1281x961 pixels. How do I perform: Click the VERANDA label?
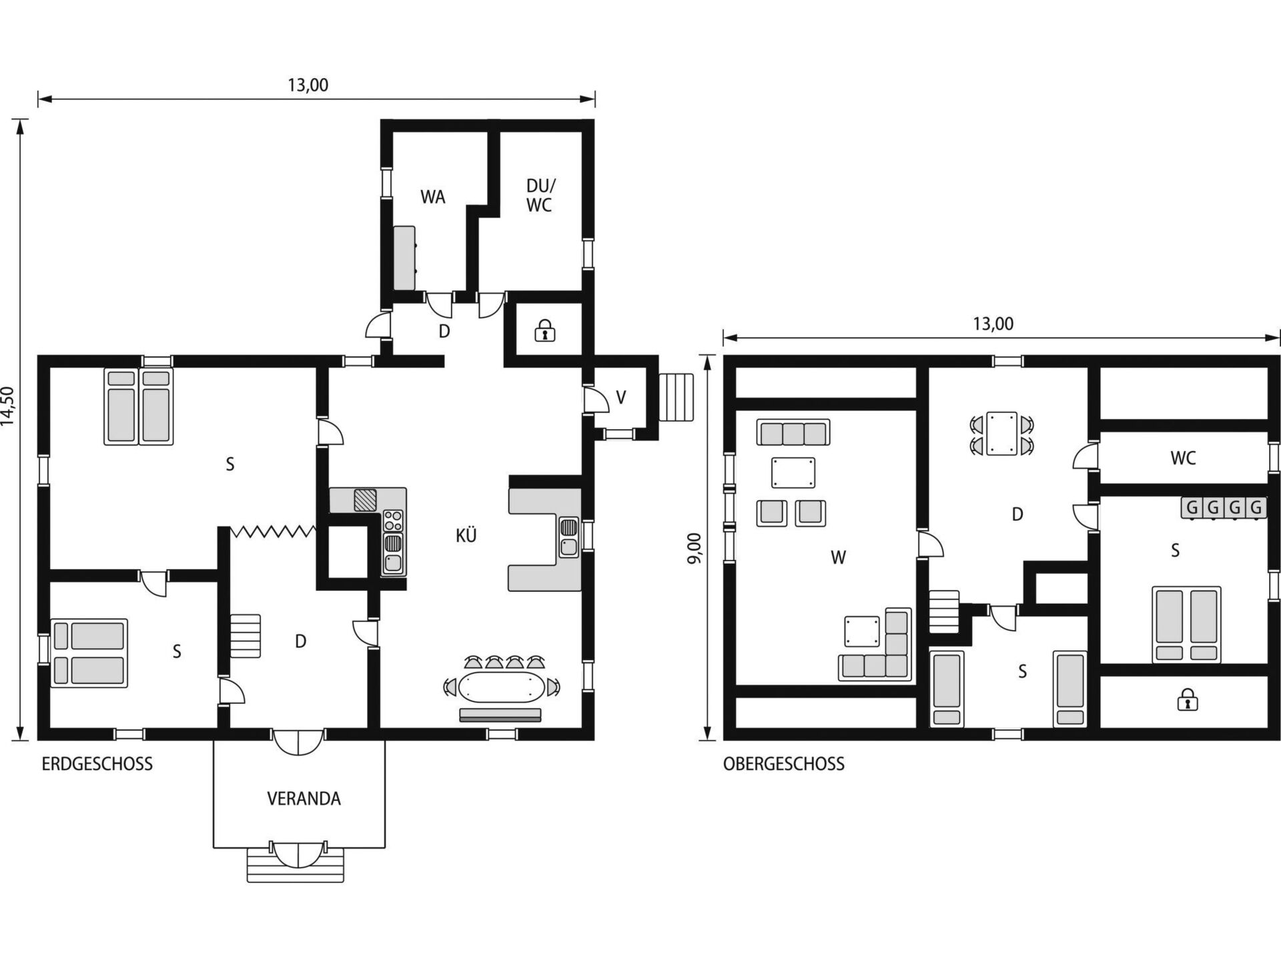304,799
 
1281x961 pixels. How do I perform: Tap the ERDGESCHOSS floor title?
97,764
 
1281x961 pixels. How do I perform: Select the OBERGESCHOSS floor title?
784,764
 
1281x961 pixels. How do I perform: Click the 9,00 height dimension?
695,548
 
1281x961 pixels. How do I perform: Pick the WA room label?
432,197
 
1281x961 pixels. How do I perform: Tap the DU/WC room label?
540,196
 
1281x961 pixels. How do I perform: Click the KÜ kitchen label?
466,535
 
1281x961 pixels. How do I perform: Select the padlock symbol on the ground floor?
545,330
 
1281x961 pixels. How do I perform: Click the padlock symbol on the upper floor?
1186,700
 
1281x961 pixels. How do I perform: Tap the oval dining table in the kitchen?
501,687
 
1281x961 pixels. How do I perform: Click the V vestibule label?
621,398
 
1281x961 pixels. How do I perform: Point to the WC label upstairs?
1183,458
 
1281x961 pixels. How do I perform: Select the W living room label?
838,557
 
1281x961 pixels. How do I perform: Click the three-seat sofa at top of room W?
793,432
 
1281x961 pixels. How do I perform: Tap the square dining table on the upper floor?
1002,434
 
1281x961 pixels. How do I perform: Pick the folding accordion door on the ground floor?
273,532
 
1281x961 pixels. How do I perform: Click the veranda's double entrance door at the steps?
298,853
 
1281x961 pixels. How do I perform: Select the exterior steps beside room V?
677,397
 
